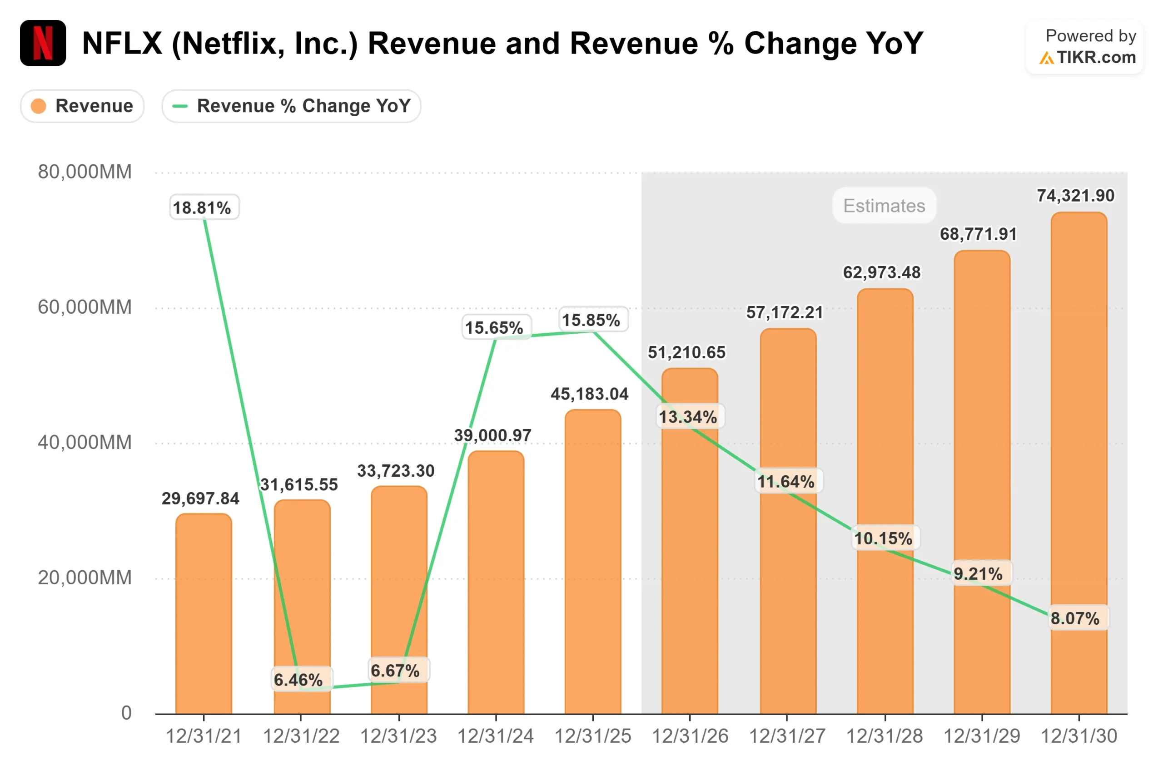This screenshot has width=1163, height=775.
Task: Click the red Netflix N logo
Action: coord(43,43)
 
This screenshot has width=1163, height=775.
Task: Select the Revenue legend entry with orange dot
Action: coord(82,106)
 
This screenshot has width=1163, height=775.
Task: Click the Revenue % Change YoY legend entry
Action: coord(291,106)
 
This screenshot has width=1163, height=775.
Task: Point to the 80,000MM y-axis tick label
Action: coord(84,172)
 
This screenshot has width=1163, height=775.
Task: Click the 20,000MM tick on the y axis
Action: coord(84,578)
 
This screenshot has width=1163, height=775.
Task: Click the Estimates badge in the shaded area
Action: coord(884,206)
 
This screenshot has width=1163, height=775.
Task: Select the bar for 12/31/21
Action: coord(204,613)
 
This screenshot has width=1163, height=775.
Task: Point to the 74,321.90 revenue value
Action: coord(1075,196)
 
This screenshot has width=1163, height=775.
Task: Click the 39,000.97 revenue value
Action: coord(492,435)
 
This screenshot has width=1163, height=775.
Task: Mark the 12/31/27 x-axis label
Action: coord(787,736)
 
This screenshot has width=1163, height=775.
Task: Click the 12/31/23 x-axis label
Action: coord(398,736)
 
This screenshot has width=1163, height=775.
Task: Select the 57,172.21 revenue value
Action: coord(784,312)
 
